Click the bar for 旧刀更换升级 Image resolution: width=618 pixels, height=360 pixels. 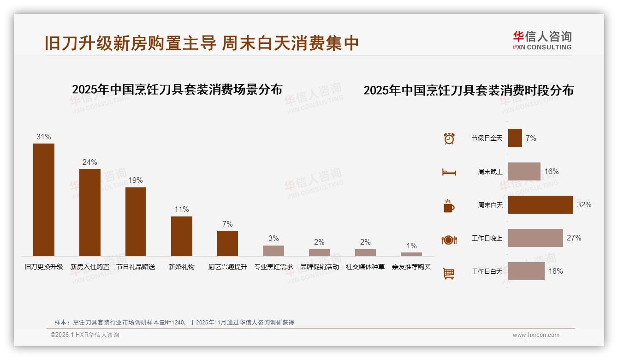(x=44, y=199)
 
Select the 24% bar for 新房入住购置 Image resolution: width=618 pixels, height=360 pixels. (x=89, y=212)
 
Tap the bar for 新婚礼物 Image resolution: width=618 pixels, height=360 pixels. (x=182, y=236)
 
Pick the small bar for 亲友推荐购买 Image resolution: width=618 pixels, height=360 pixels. (x=411, y=254)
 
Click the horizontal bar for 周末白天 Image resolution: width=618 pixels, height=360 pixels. (x=541, y=204)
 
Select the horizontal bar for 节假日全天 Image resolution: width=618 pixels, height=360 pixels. (x=515, y=138)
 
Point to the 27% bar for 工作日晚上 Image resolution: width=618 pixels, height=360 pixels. (x=535, y=238)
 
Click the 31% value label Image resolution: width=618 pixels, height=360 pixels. (x=44, y=137)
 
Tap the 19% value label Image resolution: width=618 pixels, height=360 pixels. (x=136, y=180)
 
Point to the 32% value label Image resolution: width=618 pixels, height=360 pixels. (x=584, y=204)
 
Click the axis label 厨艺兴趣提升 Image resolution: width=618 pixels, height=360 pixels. (x=227, y=267)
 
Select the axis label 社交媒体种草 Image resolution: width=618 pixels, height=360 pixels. (x=365, y=267)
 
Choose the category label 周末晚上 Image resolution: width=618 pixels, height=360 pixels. (x=490, y=172)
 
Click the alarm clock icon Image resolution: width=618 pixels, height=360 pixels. (x=449, y=138)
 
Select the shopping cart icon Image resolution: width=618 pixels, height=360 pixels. (x=449, y=273)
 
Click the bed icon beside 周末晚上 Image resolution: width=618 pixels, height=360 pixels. (x=449, y=172)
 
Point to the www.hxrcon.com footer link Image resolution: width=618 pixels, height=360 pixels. (x=536, y=335)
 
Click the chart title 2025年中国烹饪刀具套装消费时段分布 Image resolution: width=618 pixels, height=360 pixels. (x=469, y=90)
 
